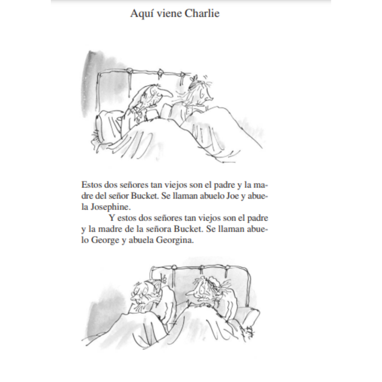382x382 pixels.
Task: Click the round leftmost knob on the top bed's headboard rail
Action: tap(130, 71)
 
